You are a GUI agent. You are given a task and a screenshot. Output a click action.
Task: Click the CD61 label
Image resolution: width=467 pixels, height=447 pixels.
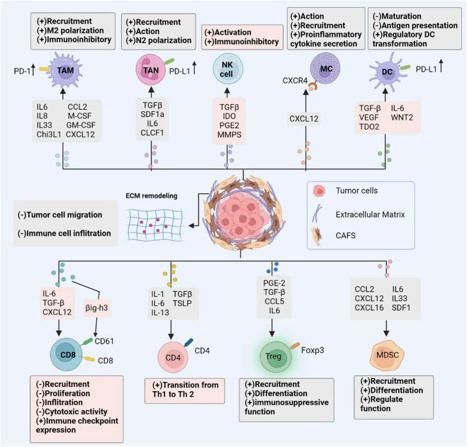[107, 339]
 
